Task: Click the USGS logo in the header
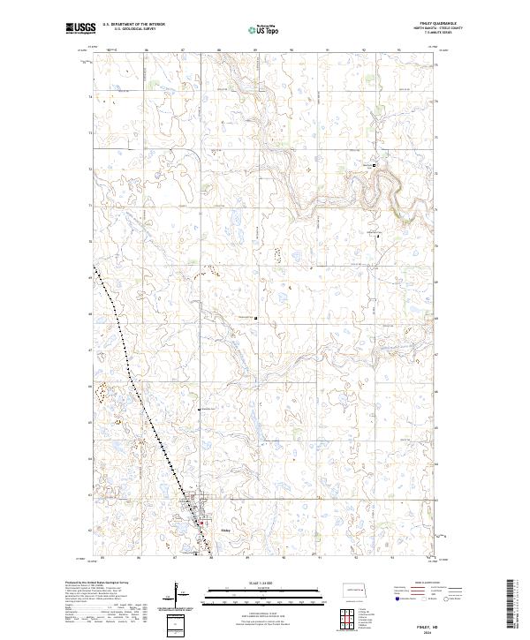pyautogui.click(x=81, y=29)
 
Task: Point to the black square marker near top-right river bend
pyautogui.click(x=375, y=164)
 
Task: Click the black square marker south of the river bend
pyautogui.click(x=379, y=236)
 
